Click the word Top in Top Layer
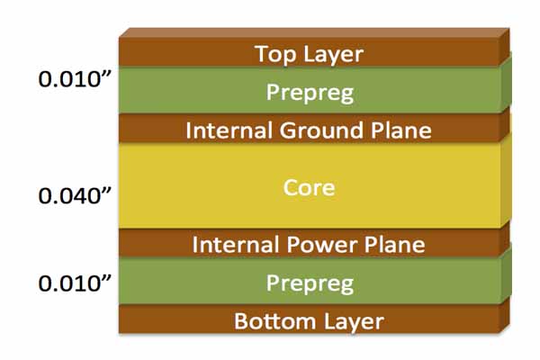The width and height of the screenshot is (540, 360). tap(274, 54)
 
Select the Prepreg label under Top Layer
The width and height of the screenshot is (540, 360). tap(309, 92)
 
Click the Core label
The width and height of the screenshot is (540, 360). tap(309, 188)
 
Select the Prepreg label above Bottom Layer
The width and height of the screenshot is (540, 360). tap(309, 283)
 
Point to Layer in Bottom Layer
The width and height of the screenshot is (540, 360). tap(352, 321)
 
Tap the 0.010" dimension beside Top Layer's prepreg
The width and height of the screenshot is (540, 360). tap(75, 78)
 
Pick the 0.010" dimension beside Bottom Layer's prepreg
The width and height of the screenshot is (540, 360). tap(75, 283)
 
